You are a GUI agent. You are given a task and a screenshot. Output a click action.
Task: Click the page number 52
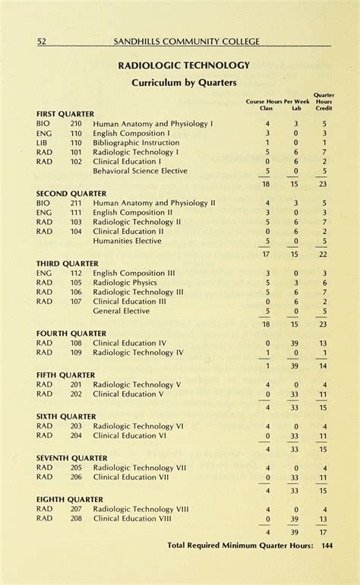42,41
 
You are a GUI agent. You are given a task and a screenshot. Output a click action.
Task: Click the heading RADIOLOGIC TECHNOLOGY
184,66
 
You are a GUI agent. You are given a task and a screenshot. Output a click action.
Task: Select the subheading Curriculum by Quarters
184,82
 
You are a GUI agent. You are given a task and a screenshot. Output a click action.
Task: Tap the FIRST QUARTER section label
65,114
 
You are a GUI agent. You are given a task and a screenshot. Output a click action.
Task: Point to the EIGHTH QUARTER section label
70,499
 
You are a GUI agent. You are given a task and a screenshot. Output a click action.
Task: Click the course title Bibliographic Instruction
136,142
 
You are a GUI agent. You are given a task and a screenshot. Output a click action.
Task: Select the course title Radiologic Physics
125,283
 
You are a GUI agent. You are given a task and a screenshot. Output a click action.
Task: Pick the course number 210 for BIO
76,123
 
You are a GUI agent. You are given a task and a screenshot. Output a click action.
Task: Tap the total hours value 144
327,545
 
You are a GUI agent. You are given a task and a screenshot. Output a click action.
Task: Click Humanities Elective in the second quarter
127,241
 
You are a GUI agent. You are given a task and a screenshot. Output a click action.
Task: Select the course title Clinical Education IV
129,343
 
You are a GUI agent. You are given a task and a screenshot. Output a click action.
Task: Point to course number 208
76,518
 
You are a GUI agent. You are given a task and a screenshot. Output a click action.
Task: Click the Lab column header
296,108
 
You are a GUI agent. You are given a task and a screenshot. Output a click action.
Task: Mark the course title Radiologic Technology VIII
141,509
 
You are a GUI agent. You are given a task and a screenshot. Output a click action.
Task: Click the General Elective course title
122,311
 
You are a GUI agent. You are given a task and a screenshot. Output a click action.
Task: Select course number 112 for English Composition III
76,273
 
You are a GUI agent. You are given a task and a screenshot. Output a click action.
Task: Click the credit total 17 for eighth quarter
324,532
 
